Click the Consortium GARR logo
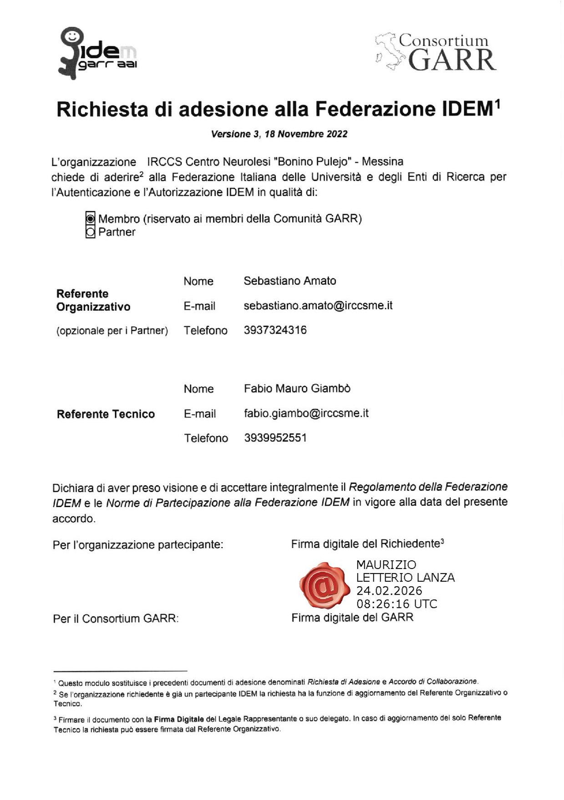436,52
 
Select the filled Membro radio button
91,219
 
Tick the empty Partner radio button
91,232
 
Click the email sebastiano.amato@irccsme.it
318,306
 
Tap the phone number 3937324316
275,330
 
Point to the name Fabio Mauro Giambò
297,389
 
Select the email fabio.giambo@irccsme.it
306,414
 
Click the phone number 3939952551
275,438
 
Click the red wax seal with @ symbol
324,585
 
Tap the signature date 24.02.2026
389,591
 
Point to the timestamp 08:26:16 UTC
396,604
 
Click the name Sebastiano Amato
290,281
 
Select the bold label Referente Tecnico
106,414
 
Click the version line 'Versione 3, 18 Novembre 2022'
279,134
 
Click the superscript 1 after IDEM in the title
498,104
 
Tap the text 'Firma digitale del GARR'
352,618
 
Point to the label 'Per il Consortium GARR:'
116,619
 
